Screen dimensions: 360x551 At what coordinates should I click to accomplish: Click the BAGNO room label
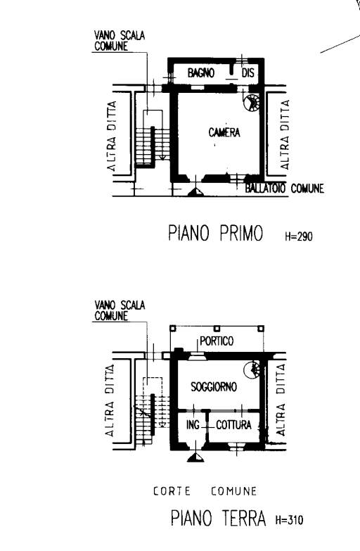click(x=200, y=72)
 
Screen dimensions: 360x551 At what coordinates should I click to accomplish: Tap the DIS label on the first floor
click(x=247, y=72)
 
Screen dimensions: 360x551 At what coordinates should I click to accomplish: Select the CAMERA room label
click(x=224, y=132)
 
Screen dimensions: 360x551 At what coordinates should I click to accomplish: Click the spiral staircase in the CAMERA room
click(x=252, y=102)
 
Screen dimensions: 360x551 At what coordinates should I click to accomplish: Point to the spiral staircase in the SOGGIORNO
click(x=252, y=370)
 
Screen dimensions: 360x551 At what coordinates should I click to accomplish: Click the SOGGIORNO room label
click(x=214, y=387)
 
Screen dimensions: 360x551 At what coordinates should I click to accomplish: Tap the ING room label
click(x=193, y=425)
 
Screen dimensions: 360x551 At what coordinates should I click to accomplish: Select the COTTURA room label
click(x=233, y=425)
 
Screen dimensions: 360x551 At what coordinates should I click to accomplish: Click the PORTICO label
click(x=217, y=341)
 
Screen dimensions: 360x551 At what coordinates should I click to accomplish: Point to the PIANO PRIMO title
click(x=215, y=233)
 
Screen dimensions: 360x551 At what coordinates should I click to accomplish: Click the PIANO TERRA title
click(x=218, y=518)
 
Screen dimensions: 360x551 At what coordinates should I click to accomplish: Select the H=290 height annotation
click(x=299, y=236)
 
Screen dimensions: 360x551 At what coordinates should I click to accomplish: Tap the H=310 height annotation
click(x=289, y=520)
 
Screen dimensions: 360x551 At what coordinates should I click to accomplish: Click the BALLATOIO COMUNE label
click(x=284, y=189)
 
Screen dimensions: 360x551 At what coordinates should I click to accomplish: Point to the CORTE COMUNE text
click(x=205, y=491)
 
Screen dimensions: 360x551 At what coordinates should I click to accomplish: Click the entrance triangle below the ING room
click(x=195, y=457)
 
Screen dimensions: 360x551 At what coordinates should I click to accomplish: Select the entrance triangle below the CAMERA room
click(x=195, y=191)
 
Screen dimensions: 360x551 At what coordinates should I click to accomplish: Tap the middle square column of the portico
click(x=217, y=328)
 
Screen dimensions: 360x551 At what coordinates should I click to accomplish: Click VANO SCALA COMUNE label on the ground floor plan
click(x=120, y=310)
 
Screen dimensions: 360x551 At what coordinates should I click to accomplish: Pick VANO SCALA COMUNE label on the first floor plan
click(x=120, y=41)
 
